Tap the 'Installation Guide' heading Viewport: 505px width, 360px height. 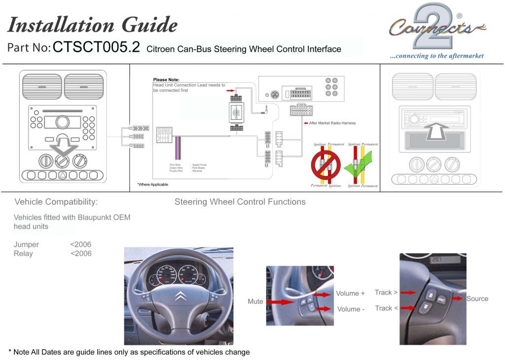tap(92, 24)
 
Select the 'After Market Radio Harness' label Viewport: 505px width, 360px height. tap(332, 123)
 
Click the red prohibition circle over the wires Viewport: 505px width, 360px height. tap(325, 164)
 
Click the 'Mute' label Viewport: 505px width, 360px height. tap(255, 301)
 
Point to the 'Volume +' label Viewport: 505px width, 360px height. tap(350, 293)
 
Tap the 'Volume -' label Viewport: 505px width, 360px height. tap(350, 309)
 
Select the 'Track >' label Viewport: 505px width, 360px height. tap(386, 292)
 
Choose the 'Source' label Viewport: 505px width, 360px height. tap(477, 299)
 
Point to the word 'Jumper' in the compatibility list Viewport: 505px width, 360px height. tap(26, 245)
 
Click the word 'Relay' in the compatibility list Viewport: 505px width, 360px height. tap(23, 253)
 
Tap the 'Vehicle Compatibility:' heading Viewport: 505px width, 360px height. tap(56, 202)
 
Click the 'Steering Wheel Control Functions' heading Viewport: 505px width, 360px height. tap(240, 202)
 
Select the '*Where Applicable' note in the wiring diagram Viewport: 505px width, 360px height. tap(152, 184)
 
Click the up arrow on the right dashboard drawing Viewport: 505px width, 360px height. tap(436, 132)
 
